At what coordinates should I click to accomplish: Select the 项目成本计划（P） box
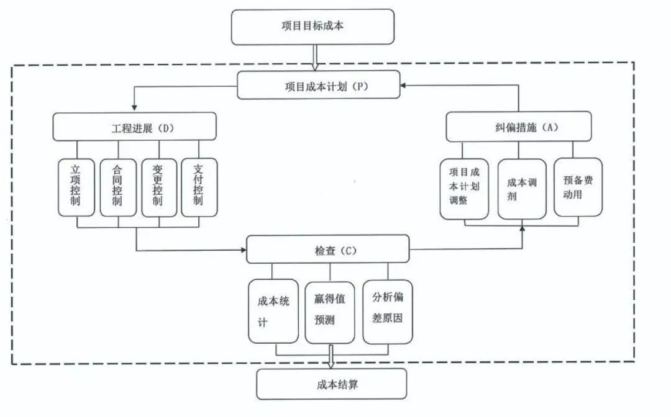(317, 86)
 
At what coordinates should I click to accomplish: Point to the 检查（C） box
(328, 249)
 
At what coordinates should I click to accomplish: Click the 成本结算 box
(331, 384)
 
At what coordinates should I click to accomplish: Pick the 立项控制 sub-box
(76, 187)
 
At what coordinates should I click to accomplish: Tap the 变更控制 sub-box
(159, 187)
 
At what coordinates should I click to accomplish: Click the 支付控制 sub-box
(199, 187)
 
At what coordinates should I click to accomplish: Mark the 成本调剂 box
(522, 189)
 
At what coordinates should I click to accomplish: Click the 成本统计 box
(272, 311)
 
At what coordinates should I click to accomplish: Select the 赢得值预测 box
(329, 311)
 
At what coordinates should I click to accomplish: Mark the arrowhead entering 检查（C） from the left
(242, 250)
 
